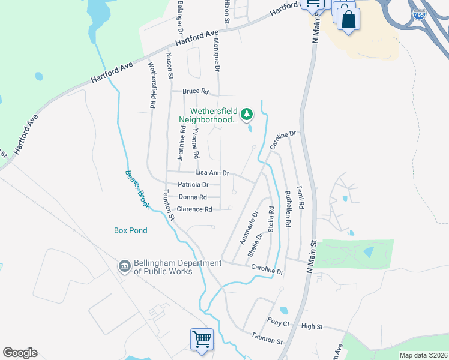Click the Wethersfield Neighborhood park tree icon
click(x=246, y=113)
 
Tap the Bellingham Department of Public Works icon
click(x=124, y=266)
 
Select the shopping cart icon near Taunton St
click(x=202, y=339)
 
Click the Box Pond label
click(x=131, y=230)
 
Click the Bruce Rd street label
click(x=196, y=92)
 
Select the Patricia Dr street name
click(x=193, y=185)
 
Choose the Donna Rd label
click(x=193, y=197)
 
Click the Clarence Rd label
click(x=194, y=209)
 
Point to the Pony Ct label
click(x=279, y=323)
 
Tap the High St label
click(x=312, y=326)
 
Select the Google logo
click(x=20, y=353)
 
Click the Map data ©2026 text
click(x=423, y=355)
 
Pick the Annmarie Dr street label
click(x=249, y=227)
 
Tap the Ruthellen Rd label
click(x=288, y=209)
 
